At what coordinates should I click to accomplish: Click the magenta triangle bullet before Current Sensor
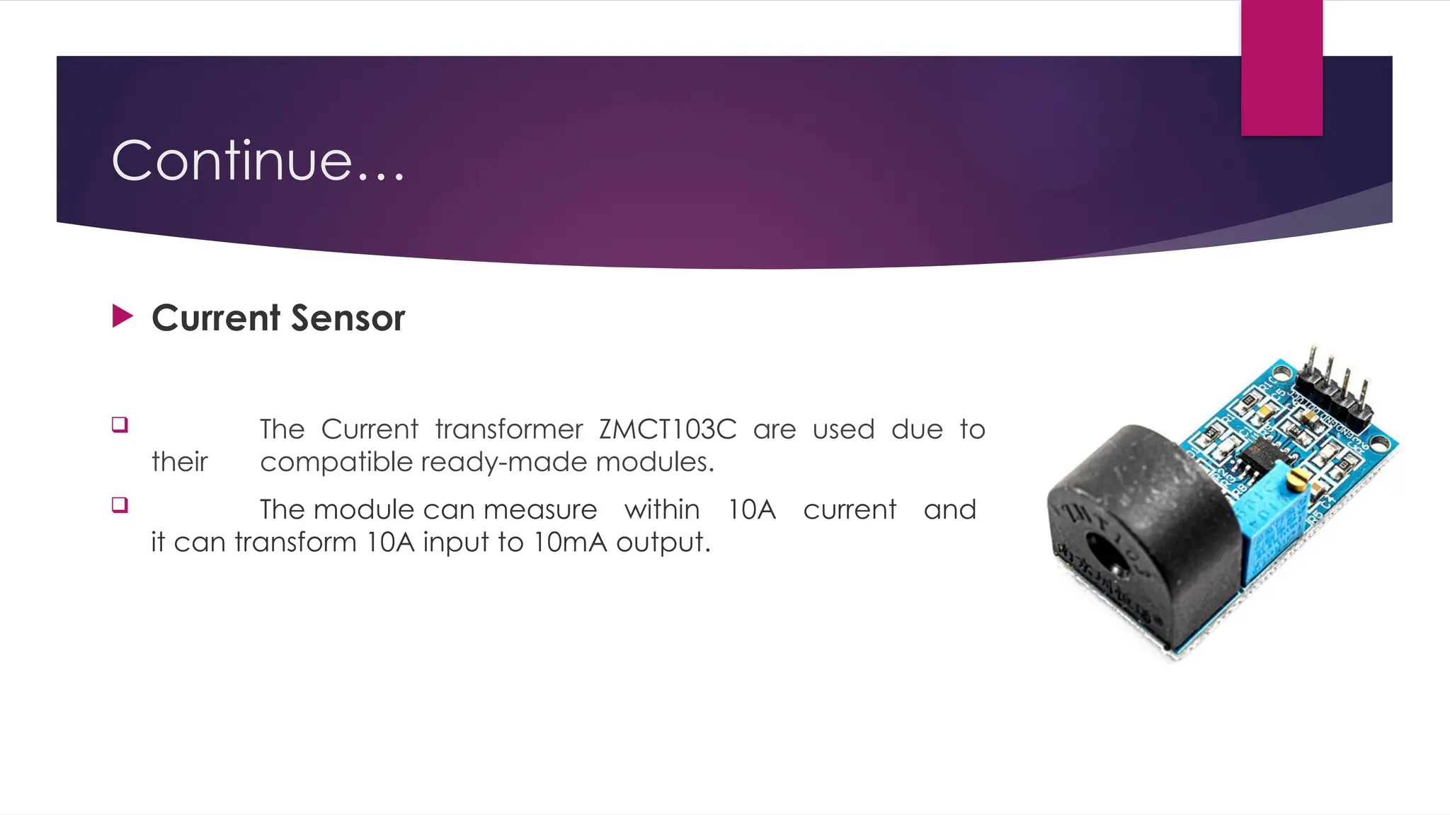(x=122, y=316)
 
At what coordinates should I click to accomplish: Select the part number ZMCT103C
(x=667, y=429)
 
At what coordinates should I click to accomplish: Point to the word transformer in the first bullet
(x=509, y=429)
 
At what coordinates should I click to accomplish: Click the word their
(x=179, y=462)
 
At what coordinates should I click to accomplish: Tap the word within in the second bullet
(x=662, y=509)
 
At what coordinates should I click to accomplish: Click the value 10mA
(x=569, y=542)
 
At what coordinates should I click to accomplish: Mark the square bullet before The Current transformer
(x=120, y=424)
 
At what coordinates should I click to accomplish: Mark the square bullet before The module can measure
(x=120, y=505)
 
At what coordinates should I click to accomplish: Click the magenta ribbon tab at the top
(x=1281, y=68)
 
